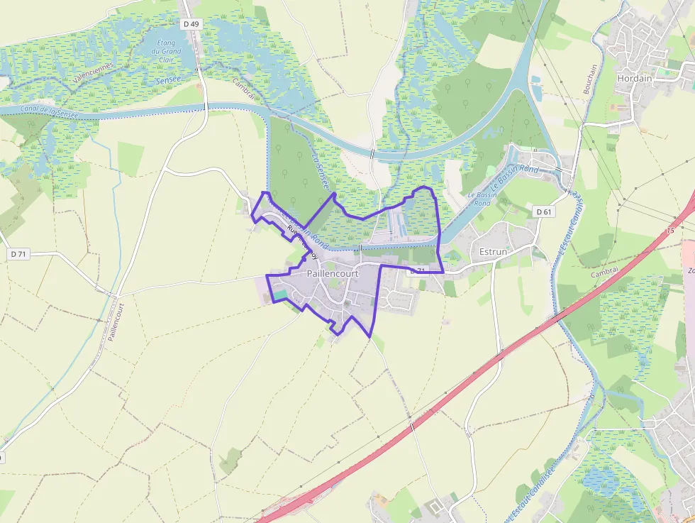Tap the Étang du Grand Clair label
pyautogui.click(x=168, y=51)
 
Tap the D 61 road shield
pyautogui.click(x=543, y=211)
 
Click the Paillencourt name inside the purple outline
pyautogui.click(x=333, y=273)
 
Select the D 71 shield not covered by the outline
pyautogui.click(x=18, y=253)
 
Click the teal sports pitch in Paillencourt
pyautogui.click(x=281, y=294)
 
